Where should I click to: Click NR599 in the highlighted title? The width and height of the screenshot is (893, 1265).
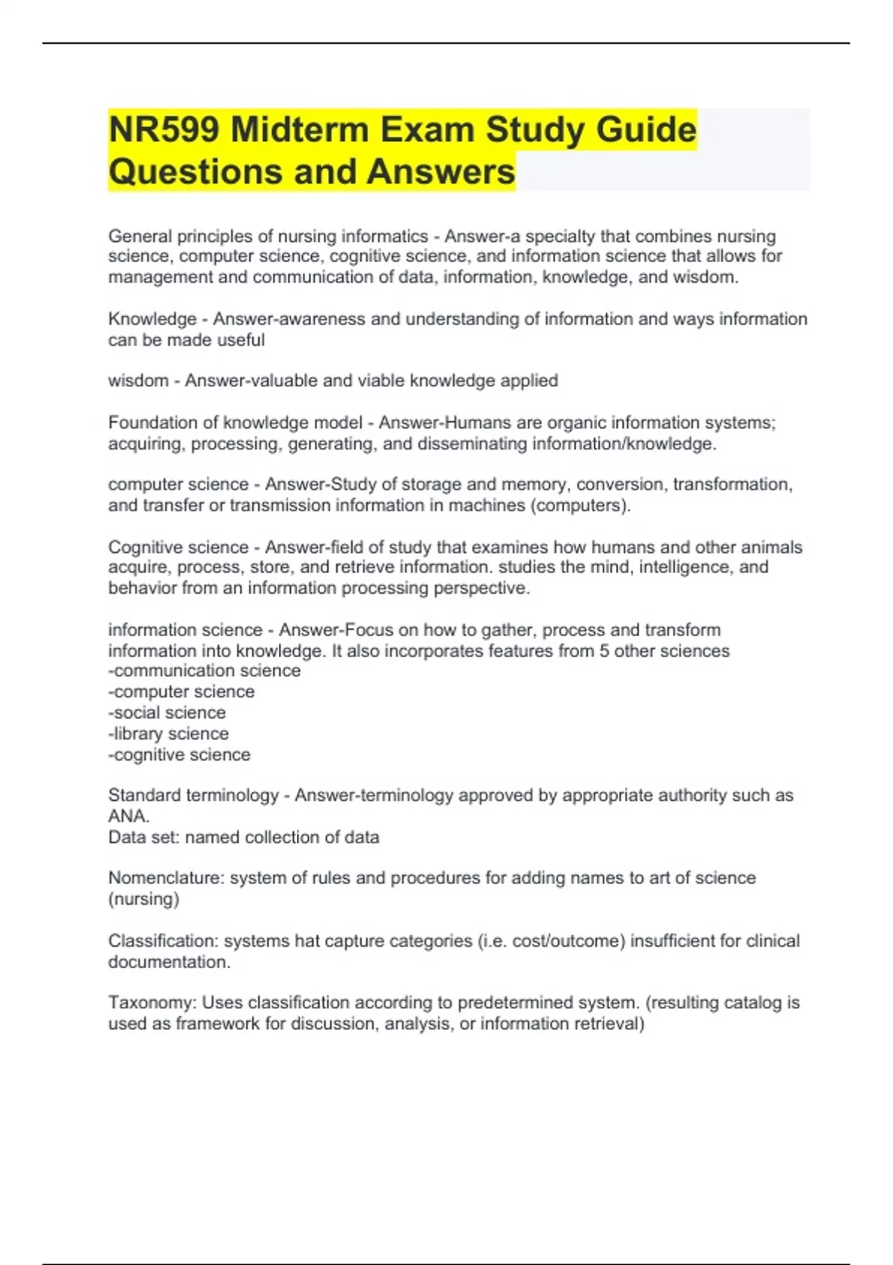point(164,129)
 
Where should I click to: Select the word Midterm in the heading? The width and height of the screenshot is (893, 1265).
point(300,129)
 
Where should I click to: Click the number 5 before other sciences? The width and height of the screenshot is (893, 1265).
point(604,651)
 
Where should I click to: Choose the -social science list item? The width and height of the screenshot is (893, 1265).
point(167,713)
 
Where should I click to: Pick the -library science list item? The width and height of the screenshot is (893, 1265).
point(169,734)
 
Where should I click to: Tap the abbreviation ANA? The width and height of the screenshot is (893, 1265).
point(129,816)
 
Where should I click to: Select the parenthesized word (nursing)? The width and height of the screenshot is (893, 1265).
point(144,899)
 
